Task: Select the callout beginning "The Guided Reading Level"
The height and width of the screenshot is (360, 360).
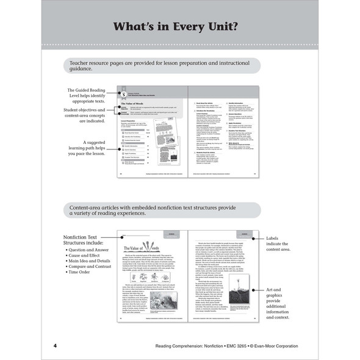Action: click(x=87, y=98)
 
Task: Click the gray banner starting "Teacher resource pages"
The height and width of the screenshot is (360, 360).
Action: click(x=162, y=66)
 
